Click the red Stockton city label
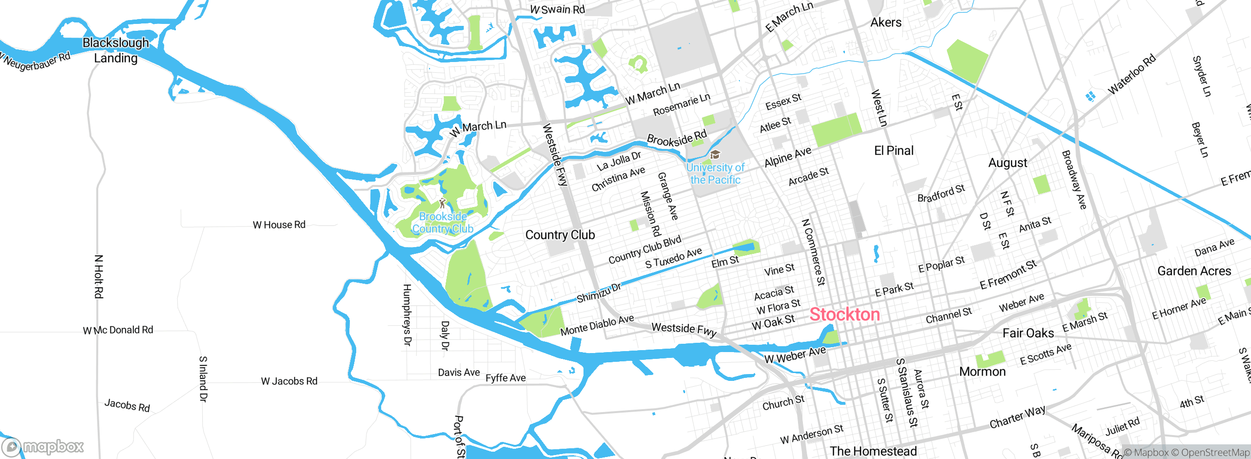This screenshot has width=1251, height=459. coord(844,314)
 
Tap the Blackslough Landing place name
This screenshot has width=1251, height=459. coord(116,50)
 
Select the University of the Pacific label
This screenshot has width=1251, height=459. coord(715,174)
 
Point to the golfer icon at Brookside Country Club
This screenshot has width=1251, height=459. coord(443,203)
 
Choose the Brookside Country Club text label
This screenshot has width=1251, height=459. coord(443,223)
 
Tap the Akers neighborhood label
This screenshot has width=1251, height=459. coord(886,22)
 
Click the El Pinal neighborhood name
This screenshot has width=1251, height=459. coord(894,151)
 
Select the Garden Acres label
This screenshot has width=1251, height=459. coord(1194,271)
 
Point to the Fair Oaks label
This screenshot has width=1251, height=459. coord(1028,334)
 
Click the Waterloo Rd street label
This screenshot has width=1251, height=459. coord(1132,74)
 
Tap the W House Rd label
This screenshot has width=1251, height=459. coord(279,225)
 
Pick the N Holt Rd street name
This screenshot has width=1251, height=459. coord(99,276)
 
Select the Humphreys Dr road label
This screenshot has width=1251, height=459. coord(407,315)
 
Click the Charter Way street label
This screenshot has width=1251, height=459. coord(1017,417)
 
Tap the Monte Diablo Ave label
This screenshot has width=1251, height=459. coord(597,325)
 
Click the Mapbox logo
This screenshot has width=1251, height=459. coord(43,446)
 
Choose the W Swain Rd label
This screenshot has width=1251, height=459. coord(558,9)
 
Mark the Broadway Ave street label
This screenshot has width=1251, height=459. coord(1074,180)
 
